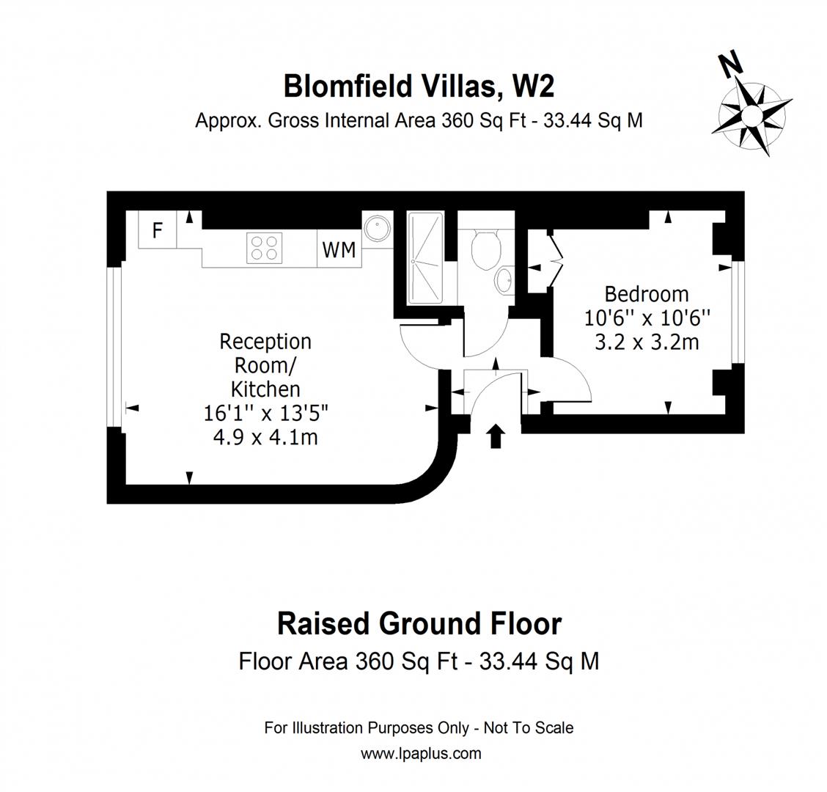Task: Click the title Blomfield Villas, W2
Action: pyautogui.click(x=419, y=87)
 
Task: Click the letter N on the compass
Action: pyautogui.click(x=731, y=65)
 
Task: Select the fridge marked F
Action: pyautogui.click(x=157, y=230)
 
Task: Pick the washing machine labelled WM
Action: pyautogui.click(x=339, y=250)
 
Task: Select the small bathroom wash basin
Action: pyautogui.click(x=505, y=279)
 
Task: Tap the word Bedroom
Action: pyautogui.click(x=646, y=294)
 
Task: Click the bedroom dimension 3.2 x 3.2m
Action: pyautogui.click(x=647, y=342)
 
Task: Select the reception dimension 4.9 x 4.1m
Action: pyautogui.click(x=265, y=437)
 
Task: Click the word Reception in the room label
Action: pyautogui.click(x=265, y=342)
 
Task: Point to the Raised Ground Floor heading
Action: pyautogui.click(x=419, y=624)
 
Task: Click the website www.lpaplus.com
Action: pyautogui.click(x=421, y=753)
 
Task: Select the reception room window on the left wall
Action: pyautogui.click(x=114, y=345)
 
